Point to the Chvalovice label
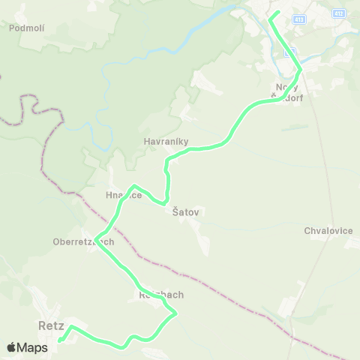pyautogui.click(x=328, y=230)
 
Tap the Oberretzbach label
pyautogui.click(x=83, y=241)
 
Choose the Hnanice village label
pyautogui.click(x=124, y=195)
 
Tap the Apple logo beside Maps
pyautogui.click(x=11, y=347)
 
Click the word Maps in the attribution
pyautogui.click(x=32, y=347)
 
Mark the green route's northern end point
pyautogui.click(x=277, y=13)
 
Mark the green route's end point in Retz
pyautogui.click(x=60, y=340)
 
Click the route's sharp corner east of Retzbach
pyautogui.click(x=175, y=314)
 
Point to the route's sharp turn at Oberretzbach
pyautogui.click(x=96, y=240)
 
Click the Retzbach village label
pyautogui.click(x=160, y=295)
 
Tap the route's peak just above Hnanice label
pyautogui.click(x=133, y=186)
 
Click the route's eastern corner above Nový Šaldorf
pyautogui.click(x=300, y=70)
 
